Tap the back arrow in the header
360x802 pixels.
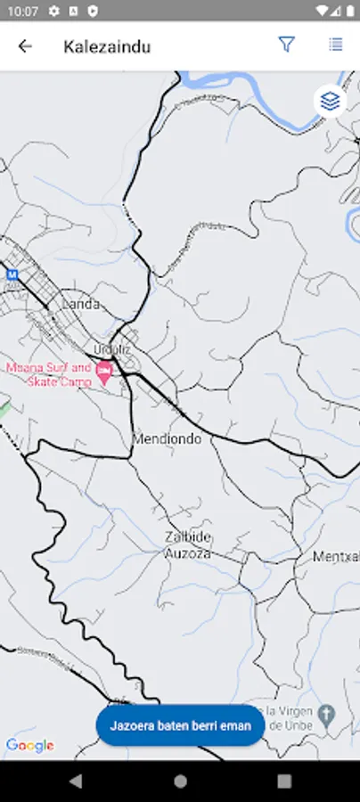(25, 46)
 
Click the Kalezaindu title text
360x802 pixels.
(107, 46)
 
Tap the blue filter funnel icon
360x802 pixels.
(286, 45)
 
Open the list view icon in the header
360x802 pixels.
(335, 45)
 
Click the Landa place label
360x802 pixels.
(80, 304)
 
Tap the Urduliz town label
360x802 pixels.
(112, 348)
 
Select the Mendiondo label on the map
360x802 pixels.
(167, 439)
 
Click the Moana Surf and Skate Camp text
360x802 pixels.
(49, 374)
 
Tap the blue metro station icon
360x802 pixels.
(12, 274)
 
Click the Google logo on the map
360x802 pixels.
(29, 745)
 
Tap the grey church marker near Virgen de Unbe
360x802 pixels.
(327, 715)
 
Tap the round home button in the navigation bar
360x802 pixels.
(180, 781)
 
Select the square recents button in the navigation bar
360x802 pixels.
(284, 781)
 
